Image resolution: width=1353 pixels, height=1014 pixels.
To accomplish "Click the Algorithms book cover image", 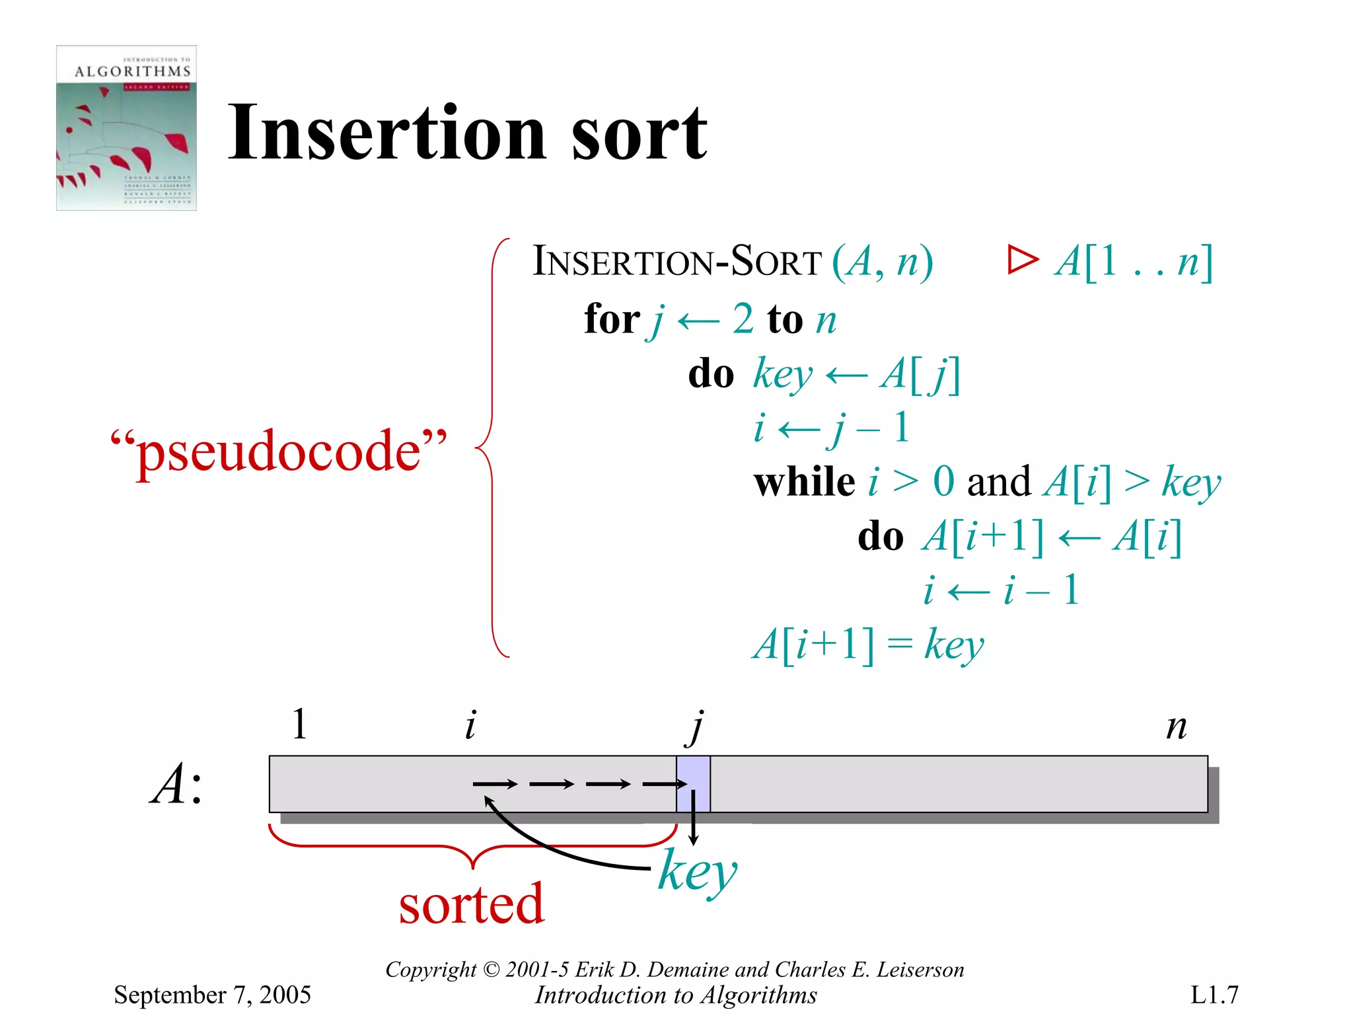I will [126, 128].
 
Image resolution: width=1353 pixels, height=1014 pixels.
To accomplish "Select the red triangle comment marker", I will [1022, 260].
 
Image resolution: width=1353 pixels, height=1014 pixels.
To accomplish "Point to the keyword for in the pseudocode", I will [612, 319].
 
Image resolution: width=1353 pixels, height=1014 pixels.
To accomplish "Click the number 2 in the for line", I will [743, 319].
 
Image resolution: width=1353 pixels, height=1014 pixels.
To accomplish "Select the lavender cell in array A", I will [693, 784].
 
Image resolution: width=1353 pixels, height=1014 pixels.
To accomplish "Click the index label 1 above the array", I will [299, 724].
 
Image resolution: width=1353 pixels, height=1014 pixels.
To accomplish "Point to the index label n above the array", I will [1176, 726].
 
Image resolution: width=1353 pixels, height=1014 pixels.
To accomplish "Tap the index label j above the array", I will [696, 726].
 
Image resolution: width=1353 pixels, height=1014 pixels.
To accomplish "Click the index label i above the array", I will [470, 725].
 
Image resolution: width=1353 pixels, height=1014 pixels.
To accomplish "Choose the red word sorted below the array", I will [471, 904].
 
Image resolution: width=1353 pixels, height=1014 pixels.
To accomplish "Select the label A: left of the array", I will [176, 785].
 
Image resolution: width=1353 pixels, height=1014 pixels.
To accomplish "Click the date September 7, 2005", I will [212, 995].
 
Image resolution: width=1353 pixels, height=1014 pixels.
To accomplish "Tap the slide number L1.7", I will [1214, 995].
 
